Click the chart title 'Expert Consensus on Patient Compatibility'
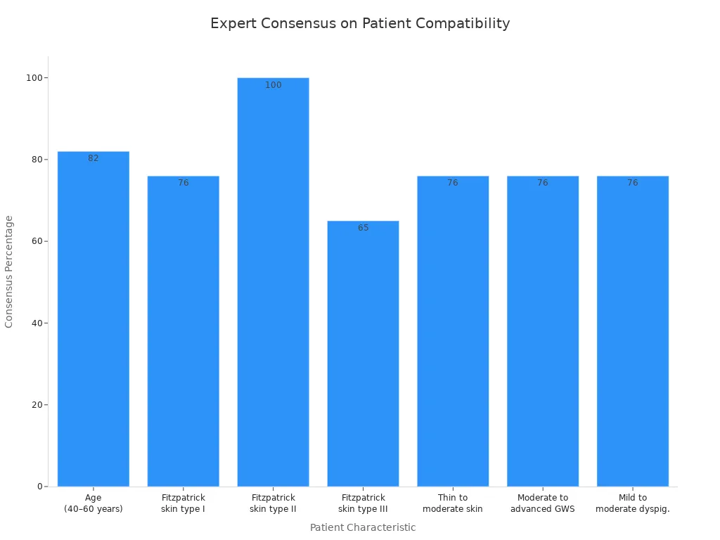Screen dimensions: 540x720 click(x=360, y=23)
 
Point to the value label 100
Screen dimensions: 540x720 click(x=273, y=85)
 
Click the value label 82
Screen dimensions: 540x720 click(x=94, y=158)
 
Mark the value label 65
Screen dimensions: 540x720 click(x=363, y=228)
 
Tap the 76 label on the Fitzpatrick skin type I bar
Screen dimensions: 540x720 click(x=184, y=183)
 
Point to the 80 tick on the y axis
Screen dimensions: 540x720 click(x=34, y=160)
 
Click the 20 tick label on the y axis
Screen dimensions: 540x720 click(x=34, y=405)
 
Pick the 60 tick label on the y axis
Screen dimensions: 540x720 click(x=34, y=241)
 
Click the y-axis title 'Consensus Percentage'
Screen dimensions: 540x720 click(x=10, y=271)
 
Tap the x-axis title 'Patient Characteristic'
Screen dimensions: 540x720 click(x=363, y=527)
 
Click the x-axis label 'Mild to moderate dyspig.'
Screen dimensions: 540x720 click(x=633, y=503)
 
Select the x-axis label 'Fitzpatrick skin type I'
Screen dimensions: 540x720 click(x=184, y=503)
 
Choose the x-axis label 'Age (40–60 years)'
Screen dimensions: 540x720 click(x=94, y=503)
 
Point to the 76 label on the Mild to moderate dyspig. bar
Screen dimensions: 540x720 click(x=633, y=183)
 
